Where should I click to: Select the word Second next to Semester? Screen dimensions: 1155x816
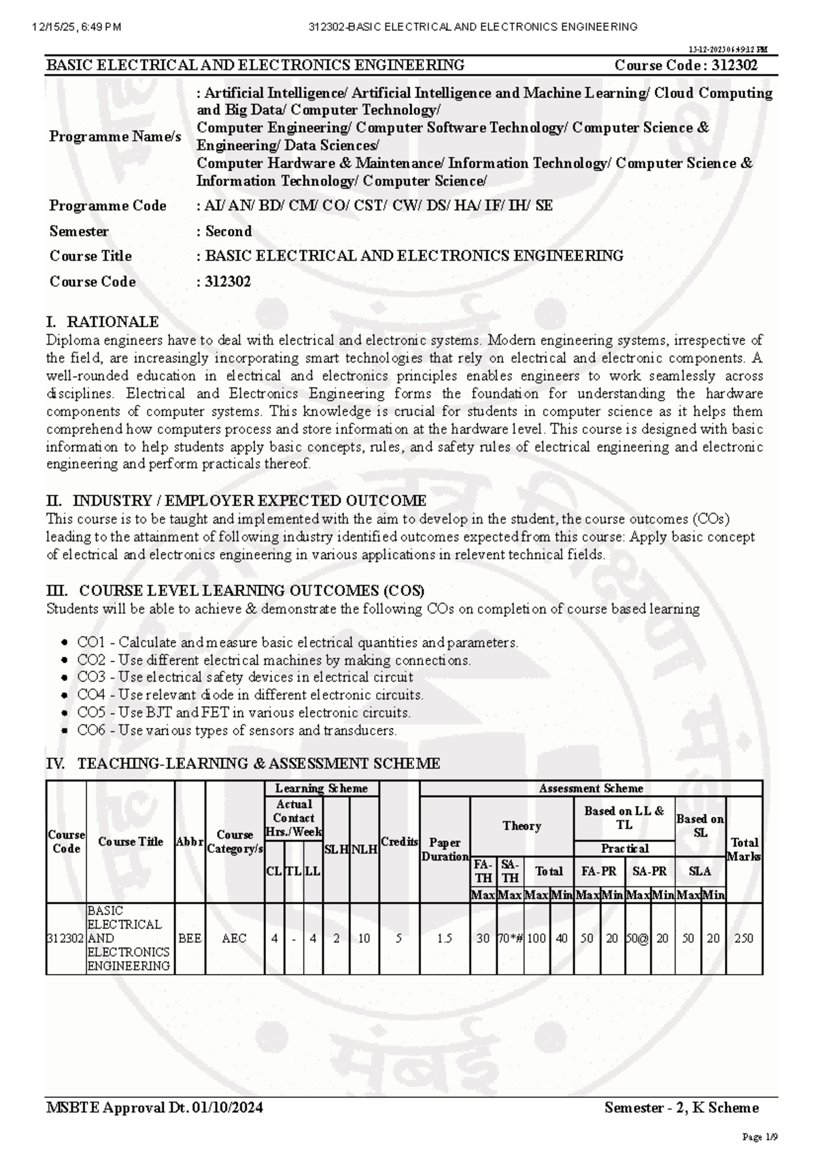point(228,231)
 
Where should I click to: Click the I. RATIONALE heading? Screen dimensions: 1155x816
point(102,322)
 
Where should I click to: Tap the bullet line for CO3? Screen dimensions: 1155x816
point(245,677)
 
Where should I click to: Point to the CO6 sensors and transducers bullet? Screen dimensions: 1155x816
point(237,731)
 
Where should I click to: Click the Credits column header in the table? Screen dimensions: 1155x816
point(399,841)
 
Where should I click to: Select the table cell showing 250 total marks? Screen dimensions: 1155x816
point(744,938)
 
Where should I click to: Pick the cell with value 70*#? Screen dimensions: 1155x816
point(510,938)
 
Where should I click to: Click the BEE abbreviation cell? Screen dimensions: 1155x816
point(190,938)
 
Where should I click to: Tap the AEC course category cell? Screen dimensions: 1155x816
point(235,938)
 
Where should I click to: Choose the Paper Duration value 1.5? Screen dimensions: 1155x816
point(445,938)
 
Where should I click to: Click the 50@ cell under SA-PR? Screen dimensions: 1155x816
point(638,938)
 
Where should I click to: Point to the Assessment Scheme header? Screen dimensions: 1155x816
point(590,789)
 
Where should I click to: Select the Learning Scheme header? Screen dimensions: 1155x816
point(321,789)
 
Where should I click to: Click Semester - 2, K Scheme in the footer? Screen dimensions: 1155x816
point(681,1108)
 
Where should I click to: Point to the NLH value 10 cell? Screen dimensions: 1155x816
point(364,938)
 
